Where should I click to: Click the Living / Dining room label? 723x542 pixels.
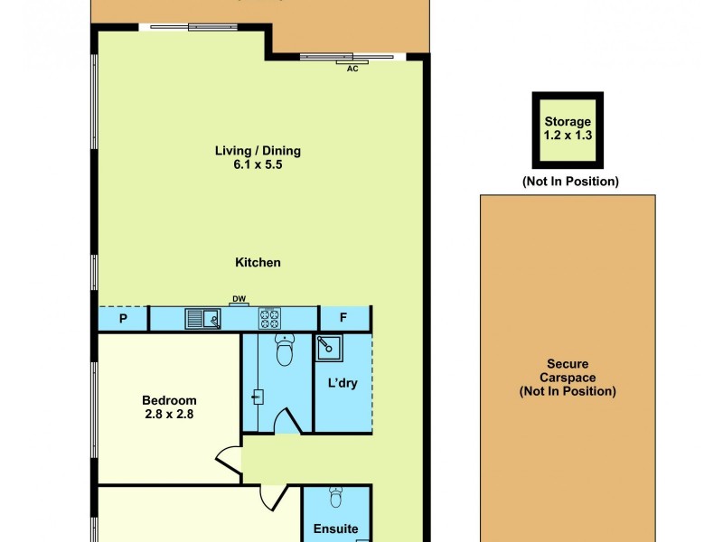click(258, 151)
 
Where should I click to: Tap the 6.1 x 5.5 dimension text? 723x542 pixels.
click(258, 165)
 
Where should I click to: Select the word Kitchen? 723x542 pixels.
click(258, 263)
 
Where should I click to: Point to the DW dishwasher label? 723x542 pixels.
click(239, 300)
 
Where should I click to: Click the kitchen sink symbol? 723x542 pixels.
click(202, 318)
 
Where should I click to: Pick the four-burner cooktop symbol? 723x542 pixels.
click(270, 318)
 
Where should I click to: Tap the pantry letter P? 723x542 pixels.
click(122, 319)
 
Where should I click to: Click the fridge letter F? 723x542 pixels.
click(343, 319)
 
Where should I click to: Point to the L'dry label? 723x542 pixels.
click(343, 383)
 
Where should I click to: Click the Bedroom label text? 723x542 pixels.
click(169, 401)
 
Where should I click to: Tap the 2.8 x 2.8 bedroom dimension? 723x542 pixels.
click(169, 416)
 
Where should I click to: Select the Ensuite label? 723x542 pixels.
click(335, 529)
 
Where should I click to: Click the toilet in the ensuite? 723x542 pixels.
click(335, 498)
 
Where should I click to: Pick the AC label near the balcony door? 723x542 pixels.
click(353, 69)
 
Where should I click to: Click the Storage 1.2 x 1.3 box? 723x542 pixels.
click(568, 128)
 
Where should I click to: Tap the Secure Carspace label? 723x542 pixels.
click(568, 378)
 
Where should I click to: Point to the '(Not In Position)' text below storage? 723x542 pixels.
click(570, 182)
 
